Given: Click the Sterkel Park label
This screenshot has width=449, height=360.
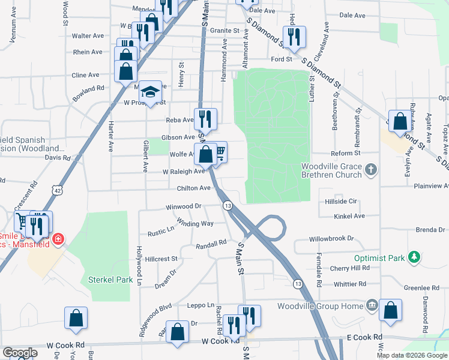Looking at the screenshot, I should tap(110, 280).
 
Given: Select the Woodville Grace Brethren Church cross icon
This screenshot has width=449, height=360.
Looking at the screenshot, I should tap(371, 170).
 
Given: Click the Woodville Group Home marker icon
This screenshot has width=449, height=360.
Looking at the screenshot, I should tap(372, 306).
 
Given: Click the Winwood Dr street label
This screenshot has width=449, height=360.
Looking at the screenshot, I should tap(184, 207).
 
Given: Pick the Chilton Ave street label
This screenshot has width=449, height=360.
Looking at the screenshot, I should tap(193, 188).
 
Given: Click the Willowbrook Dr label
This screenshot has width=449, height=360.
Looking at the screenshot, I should tap(332, 239).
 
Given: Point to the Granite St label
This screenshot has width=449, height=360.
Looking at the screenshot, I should tap(224, 30).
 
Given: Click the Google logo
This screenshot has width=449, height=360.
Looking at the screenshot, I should tap(20, 353).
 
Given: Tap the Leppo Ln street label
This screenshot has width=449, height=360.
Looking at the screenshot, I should tap(202, 305).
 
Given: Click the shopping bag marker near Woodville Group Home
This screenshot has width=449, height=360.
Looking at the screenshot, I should tap(391, 310).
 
